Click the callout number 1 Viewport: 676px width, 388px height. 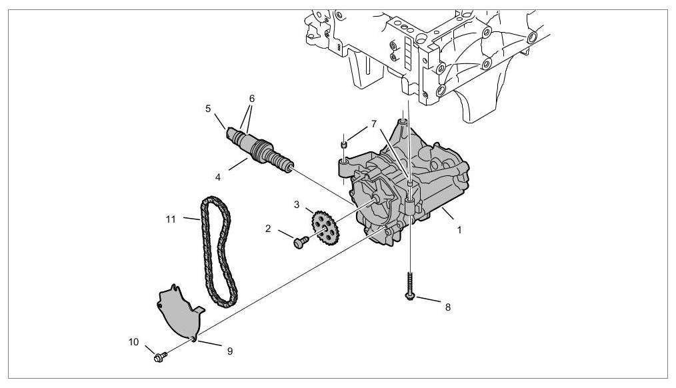click(459, 229)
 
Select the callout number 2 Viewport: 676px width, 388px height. click(268, 228)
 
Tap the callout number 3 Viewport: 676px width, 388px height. click(297, 205)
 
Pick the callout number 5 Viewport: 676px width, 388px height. click(208, 107)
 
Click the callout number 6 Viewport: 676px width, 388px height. click(251, 98)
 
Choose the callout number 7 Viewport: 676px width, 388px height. click(374, 123)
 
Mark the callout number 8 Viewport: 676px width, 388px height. click(447, 307)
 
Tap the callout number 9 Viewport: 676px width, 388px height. click(229, 350)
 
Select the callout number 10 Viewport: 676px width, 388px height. click(134, 342)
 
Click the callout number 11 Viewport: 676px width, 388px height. click(172, 217)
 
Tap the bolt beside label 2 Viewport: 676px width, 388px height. click(301, 240)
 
